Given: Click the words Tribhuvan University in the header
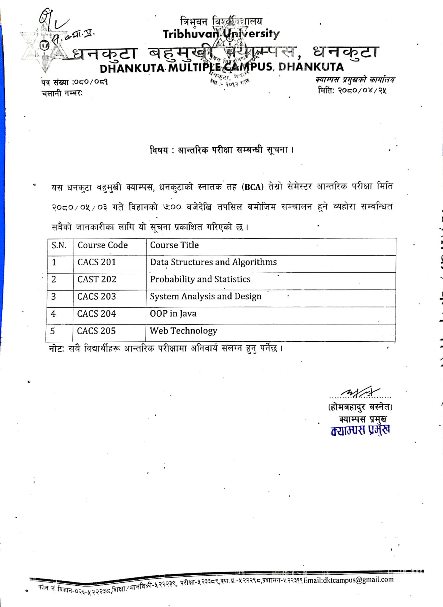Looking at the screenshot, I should click(x=221, y=34).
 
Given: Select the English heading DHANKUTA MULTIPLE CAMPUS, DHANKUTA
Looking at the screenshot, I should click(x=222, y=68).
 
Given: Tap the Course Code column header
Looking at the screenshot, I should click(x=103, y=245).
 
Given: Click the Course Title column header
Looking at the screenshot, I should click(x=174, y=245).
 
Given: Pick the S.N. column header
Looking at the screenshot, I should click(x=59, y=245).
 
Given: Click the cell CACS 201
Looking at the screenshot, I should click(x=97, y=262).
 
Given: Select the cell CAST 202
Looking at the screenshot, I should click(x=97, y=279).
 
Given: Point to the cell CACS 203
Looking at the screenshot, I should click(x=96, y=296).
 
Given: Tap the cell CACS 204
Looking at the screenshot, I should click(x=96, y=314).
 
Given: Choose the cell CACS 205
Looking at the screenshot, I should click(x=96, y=331).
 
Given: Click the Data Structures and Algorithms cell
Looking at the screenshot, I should click(x=213, y=262).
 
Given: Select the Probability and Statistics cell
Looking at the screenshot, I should click(x=200, y=279).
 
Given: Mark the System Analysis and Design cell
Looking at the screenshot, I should click(x=206, y=296).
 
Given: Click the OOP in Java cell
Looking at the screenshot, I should click(x=173, y=314).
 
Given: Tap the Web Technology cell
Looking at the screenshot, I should click(x=183, y=331).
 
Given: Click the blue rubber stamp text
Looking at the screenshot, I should click(x=360, y=430).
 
